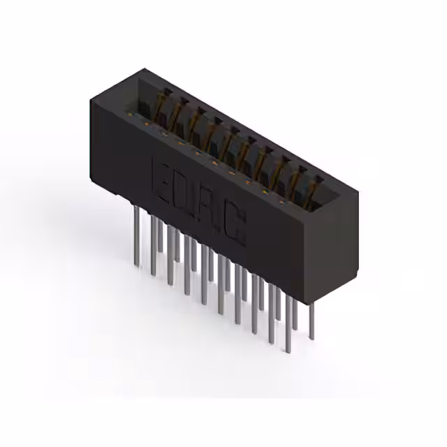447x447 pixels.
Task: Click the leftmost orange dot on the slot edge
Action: click(x=146, y=124)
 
